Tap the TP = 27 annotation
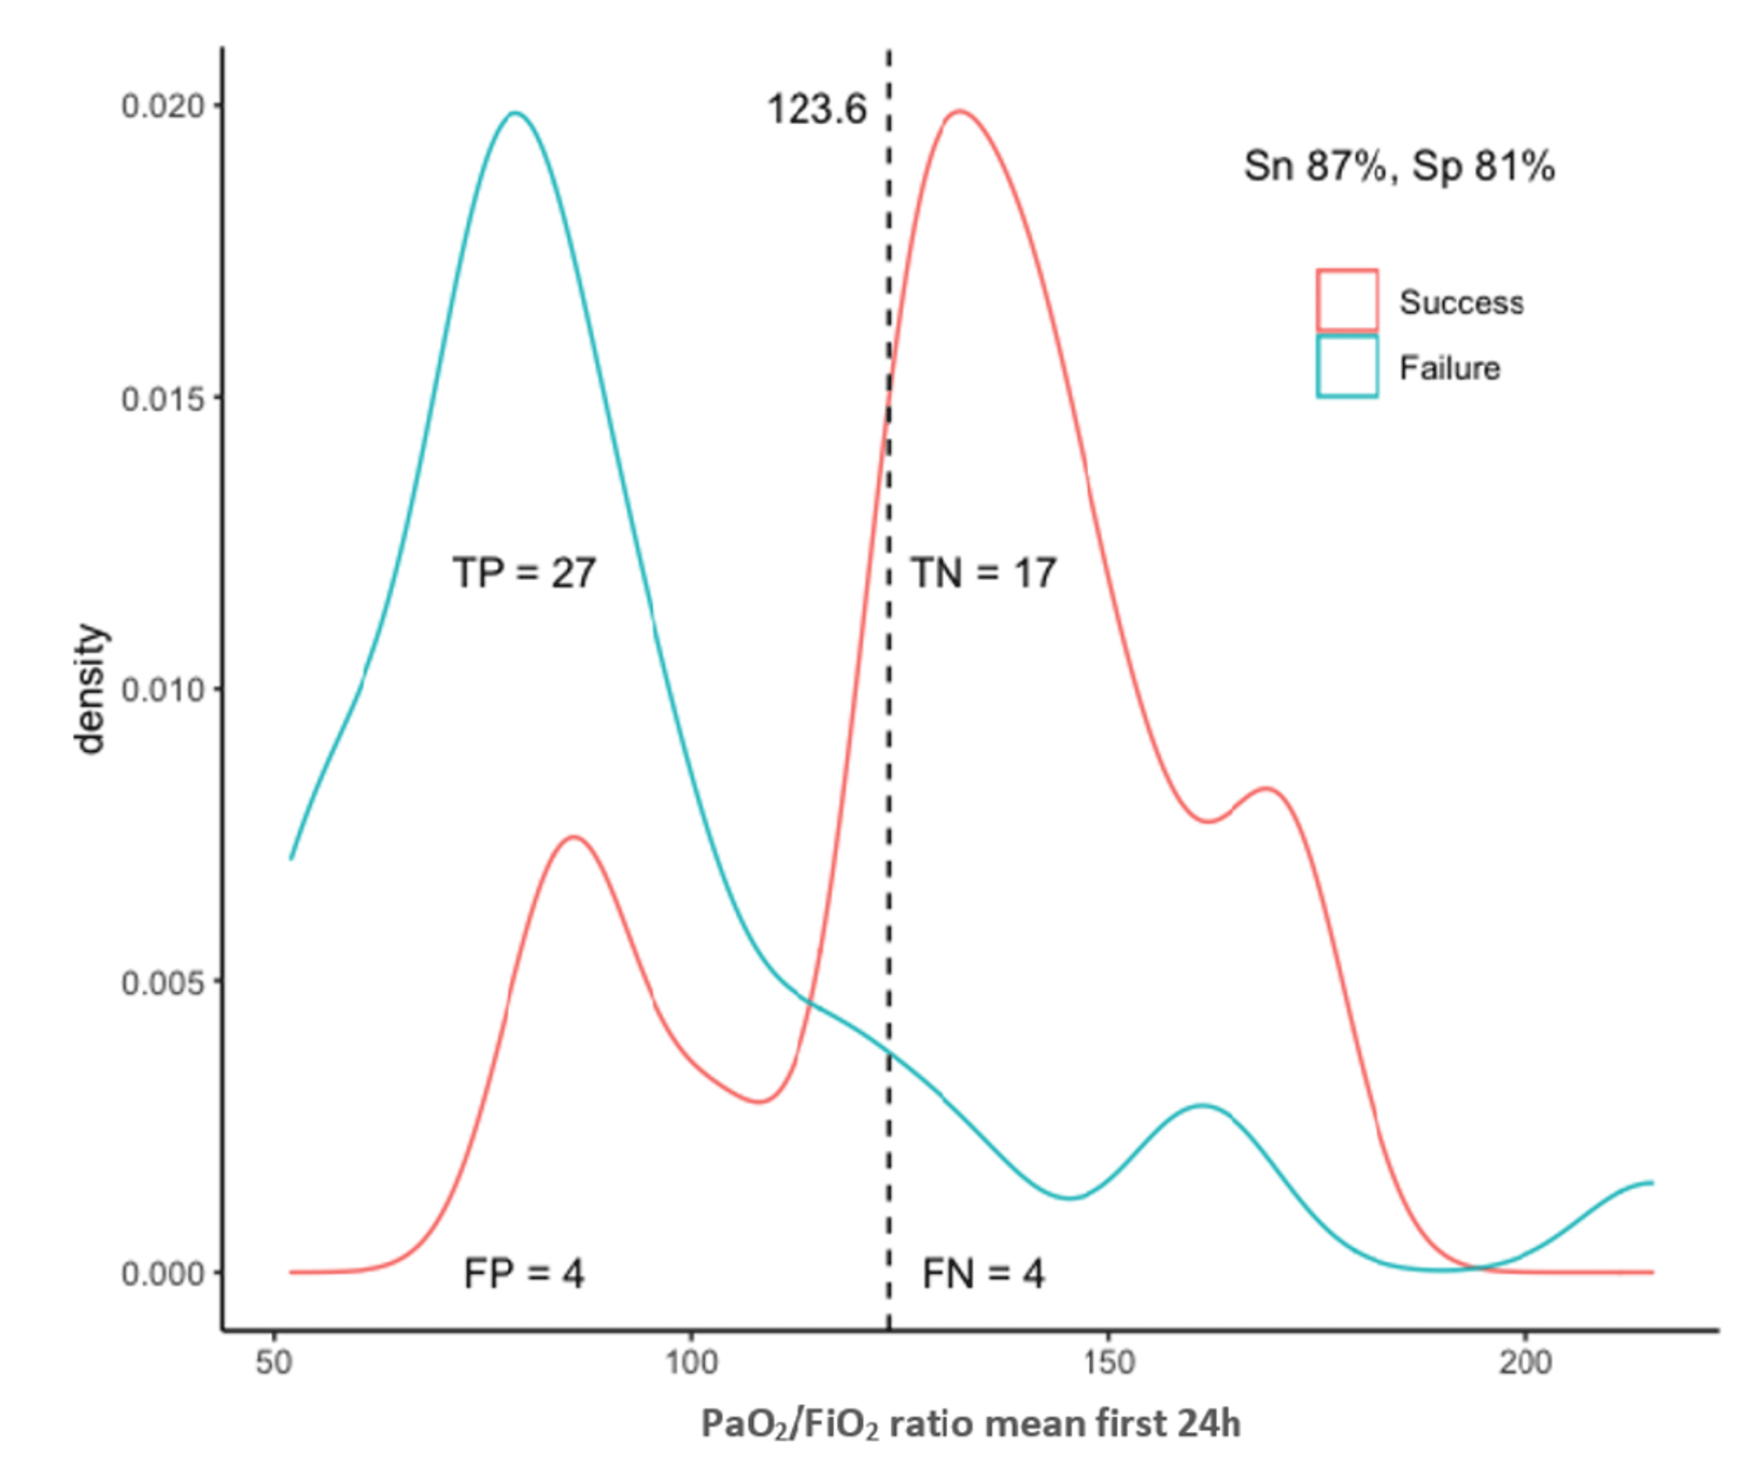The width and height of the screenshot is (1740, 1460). pyautogui.click(x=524, y=573)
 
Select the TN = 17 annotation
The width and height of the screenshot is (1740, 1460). pyautogui.click(x=984, y=573)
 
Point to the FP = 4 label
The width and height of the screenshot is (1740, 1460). pyautogui.click(x=524, y=1274)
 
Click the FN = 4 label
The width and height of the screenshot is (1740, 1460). pyautogui.click(x=984, y=1274)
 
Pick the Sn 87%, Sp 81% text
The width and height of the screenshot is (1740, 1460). pyautogui.click(x=1398, y=166)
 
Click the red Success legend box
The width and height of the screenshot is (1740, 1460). pyautogui.click(x=1347, y=299)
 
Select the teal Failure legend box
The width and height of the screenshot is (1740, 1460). pyautogui.click(x=1347, y=366)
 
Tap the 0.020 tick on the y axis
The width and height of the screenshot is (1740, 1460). pyautogui.click(x=162, y=106)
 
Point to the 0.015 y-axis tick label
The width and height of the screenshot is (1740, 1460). pyautogui.click(x=162, y=398)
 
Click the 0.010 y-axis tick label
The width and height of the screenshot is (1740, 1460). pyautogui.click(x=162, y=690)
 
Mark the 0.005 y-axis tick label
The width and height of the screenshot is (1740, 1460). pyautogui.click(x=162, y=983)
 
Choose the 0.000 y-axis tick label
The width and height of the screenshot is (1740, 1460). pyautogui.click(x=162, y=1274)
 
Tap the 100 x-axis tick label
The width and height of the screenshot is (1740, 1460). pyautogui.click(x=691, y=1362)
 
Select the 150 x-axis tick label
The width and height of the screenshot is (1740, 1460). pyautogui.click(x=1108, y=1362)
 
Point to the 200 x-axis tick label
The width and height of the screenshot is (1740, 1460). pyautogui.click(x=1525, y=1362)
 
